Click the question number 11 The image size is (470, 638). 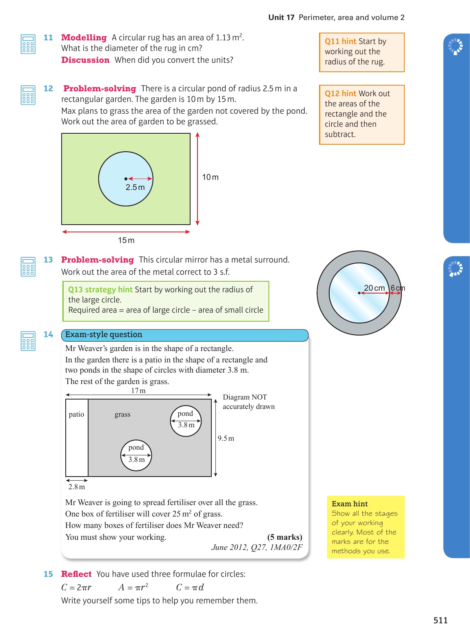point(48,38)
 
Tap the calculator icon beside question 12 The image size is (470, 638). point(28,95)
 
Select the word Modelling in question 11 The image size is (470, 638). point(84,38)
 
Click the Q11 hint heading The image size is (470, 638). point(340,41)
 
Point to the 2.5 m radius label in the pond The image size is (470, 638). point(135,188)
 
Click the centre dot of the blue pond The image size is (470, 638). point(126,179)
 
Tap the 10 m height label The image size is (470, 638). point(210,177)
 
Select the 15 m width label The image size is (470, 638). point(126,240)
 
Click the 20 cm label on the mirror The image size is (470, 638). point(374,288)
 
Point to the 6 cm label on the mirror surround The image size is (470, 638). point(398,288)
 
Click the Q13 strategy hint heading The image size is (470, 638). point(100,289)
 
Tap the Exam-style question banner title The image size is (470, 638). point(104,335)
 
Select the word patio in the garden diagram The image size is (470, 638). point(76,414)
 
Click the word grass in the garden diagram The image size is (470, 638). point(122,414)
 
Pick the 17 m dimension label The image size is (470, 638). point(138,391)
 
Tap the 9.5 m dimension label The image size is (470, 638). point(226,438)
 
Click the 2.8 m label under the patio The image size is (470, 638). point(77,487)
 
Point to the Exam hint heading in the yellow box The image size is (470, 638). point(350,504)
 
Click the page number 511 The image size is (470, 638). point(440,620)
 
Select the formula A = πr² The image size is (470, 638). point(133,587)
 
